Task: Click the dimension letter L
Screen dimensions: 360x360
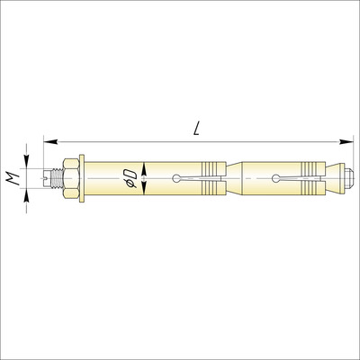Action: (x=196, y=129)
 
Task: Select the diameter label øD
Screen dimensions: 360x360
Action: (x=130, y=178)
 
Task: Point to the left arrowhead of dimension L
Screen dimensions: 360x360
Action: (x=50, y=141)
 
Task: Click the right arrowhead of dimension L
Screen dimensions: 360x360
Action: (x=345, y=141)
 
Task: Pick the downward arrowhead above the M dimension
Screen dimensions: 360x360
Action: (x=26, y=161)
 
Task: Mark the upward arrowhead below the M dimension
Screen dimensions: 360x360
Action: (x=26, y=195)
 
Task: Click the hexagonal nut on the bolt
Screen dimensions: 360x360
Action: (x=71, y=178)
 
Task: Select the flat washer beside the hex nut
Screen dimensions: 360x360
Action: (x=82, y=178)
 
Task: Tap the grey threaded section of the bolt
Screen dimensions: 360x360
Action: (x=57, y=178)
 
